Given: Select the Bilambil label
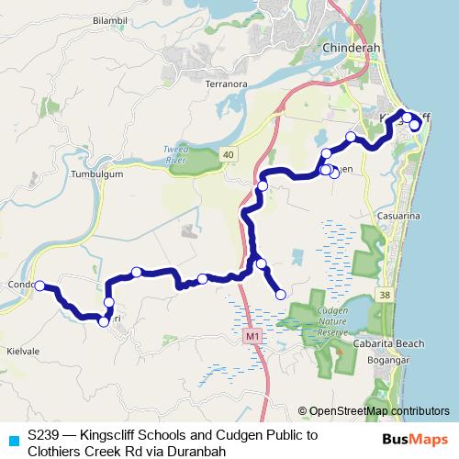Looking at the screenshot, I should (x=109, y=19).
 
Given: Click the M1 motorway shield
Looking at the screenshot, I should (x=252, y=338).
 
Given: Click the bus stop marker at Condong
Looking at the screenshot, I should (x=39, y=286).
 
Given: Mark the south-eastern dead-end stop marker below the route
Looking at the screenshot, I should (x=280, y=294).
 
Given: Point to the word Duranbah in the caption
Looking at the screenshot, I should (x=196, y=451).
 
